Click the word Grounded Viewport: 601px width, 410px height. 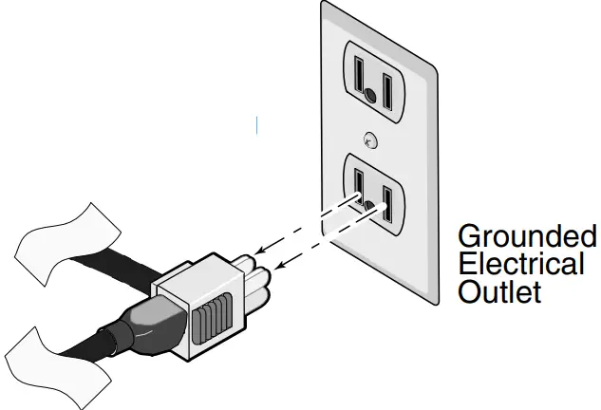coord(527,235)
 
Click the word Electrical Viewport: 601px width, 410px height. coord(520,263)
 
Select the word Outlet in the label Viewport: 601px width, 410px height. coord(499,290)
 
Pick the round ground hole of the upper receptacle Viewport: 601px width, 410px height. coord(367,96)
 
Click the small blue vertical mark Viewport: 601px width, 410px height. coord(256,123)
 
